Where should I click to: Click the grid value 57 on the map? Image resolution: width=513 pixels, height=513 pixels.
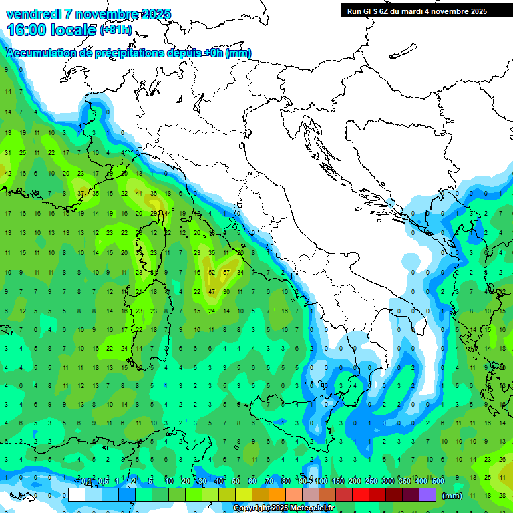click(x=226, y=273)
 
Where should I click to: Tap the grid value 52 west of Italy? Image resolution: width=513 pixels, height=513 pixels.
click(x=212, y=273)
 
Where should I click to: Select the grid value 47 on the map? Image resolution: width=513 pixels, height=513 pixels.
click(x=212, y=292)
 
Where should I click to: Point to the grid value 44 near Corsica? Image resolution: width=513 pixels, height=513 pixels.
click(x=167, y=214)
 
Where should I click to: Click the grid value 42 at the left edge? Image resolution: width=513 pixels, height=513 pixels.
click(x=8, y=173)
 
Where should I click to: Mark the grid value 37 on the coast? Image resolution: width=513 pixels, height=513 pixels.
click(x=81, y=193)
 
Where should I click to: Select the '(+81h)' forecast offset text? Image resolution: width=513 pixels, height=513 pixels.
click(x=116, y=31)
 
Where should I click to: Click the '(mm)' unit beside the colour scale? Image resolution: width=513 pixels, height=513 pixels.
click(x=452, y=496)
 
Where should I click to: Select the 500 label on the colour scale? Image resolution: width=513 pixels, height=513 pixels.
click(x=438, y=481)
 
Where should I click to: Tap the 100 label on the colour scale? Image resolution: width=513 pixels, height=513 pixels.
click(x=321, y=481)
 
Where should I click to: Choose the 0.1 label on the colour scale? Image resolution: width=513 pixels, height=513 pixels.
click(x=86, y=481)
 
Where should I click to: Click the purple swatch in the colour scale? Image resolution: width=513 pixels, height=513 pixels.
click(x=427, y=495)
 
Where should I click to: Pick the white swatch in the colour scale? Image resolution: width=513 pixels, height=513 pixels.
click(x=77, y=495)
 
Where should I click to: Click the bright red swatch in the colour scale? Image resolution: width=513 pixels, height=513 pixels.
click(x=361, y=495)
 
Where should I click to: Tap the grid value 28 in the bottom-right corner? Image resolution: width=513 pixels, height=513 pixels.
click(x=502, y=495)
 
